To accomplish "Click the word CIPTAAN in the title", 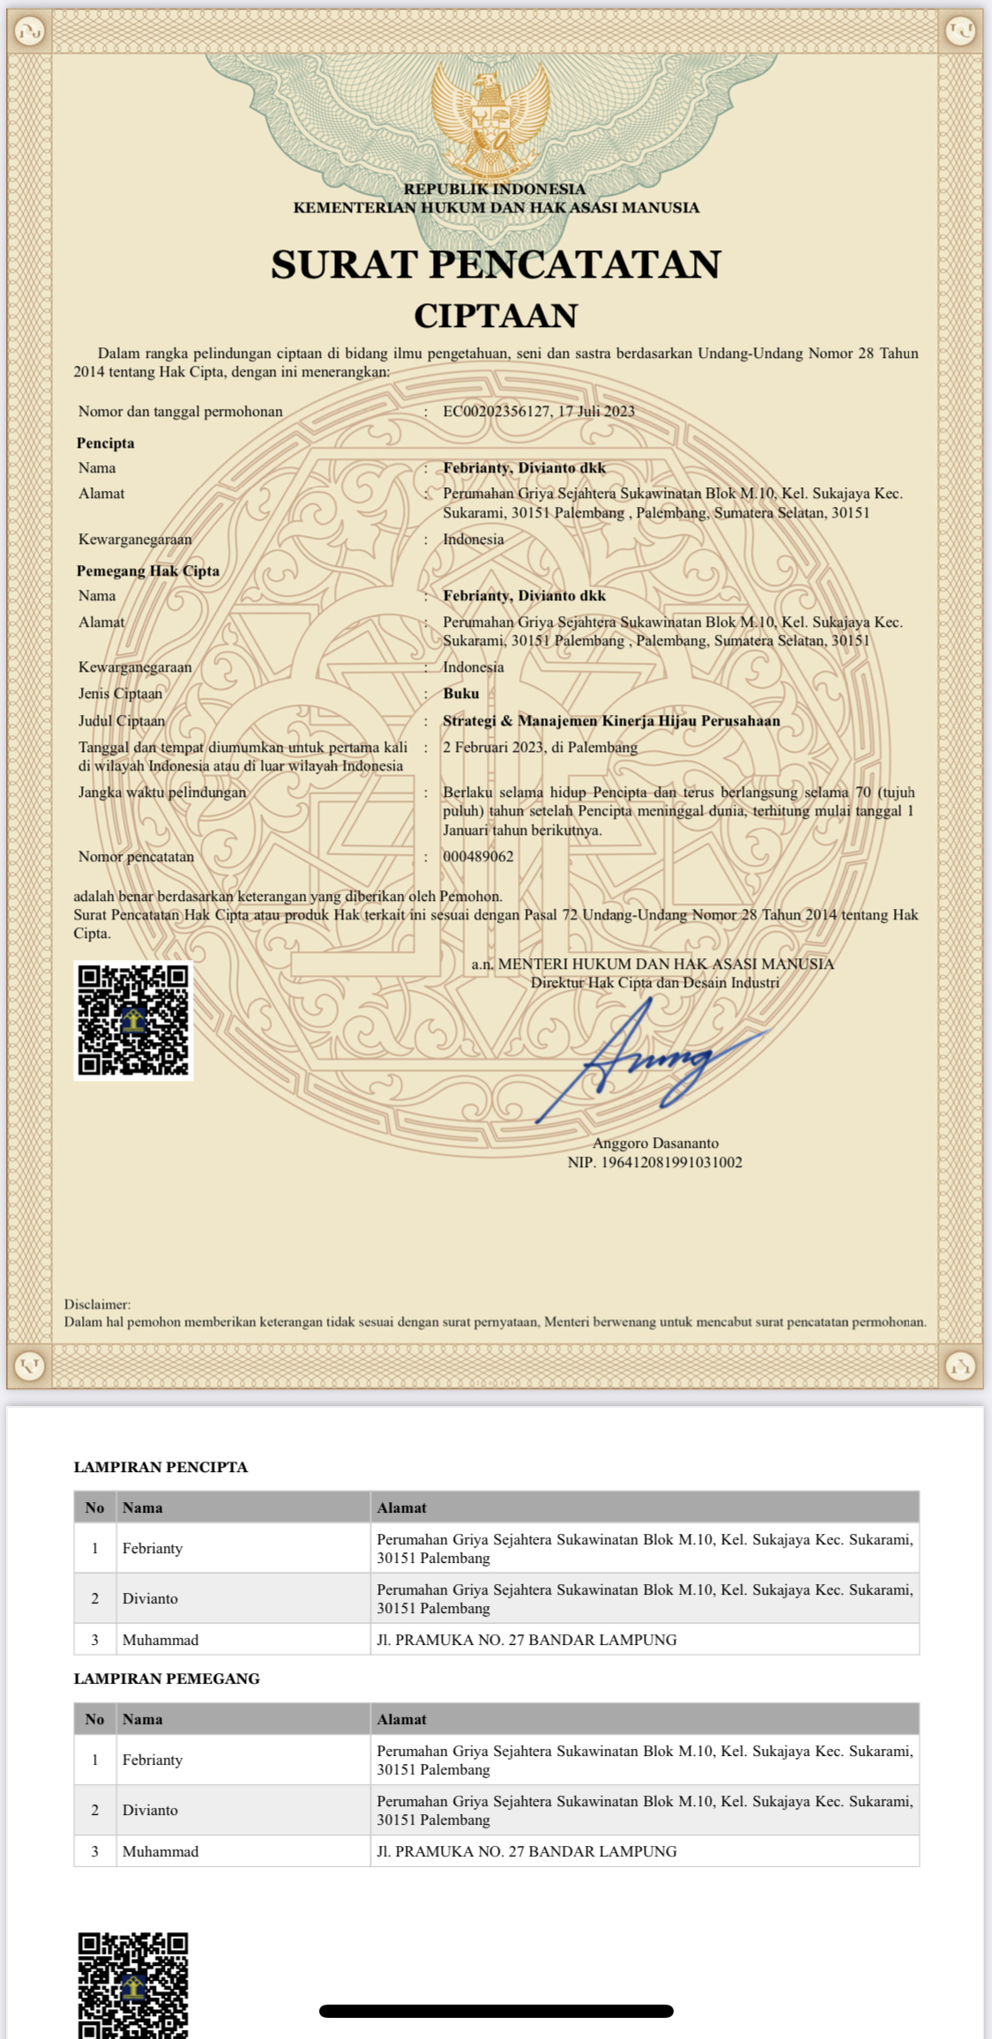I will [496, 316].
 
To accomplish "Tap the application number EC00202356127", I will [496, 412].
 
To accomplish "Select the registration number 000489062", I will [478, 856].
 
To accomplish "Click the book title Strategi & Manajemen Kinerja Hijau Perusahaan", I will [611, 721].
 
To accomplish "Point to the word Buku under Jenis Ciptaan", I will [461, 694].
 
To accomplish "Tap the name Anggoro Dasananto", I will [655, 1143].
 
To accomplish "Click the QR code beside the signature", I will [133, 1020].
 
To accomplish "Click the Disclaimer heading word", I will [97, 1304].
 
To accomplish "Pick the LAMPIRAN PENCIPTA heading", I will [160, 1467].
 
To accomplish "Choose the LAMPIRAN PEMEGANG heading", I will [167, 1678].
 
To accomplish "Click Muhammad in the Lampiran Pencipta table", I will [160, 1640].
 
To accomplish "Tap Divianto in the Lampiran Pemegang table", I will [150, 1810].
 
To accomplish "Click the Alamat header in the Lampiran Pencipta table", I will [401, 1507].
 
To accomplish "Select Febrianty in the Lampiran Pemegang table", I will [153, 1760].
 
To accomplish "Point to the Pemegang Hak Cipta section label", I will [148, 571].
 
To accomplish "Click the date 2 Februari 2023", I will [492, 748].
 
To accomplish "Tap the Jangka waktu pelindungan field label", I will [162, 793].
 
